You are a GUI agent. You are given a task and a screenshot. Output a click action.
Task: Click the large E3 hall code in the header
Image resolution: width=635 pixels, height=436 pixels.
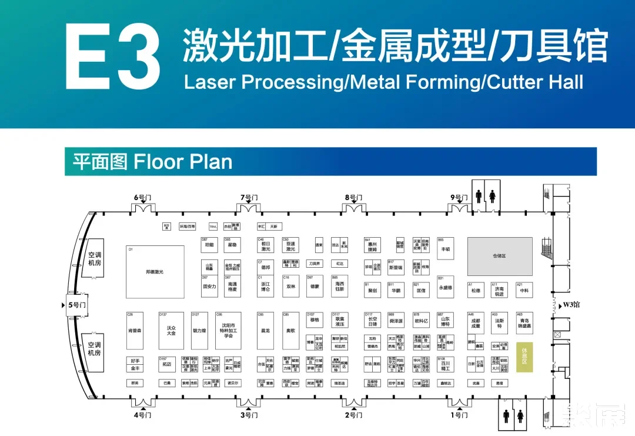(x=112, y=58)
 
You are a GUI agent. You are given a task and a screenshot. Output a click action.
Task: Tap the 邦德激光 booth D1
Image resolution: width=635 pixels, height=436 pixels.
(x=155, y=271)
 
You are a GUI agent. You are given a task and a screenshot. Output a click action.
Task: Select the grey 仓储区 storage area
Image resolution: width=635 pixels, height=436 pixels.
(x=500, y=257)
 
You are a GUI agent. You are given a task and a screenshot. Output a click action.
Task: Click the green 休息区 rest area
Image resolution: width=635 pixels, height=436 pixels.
(x=524, y=356)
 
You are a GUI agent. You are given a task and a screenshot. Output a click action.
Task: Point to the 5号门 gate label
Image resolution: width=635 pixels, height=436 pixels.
(x=76, y=305)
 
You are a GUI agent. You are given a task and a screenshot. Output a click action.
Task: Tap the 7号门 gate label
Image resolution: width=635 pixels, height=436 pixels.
(x=249, y=198)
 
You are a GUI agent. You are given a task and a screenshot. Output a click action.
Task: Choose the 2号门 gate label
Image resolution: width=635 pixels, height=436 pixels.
(x=354, y=415)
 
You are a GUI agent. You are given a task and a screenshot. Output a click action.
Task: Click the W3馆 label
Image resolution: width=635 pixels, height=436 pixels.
(x=571, y=305)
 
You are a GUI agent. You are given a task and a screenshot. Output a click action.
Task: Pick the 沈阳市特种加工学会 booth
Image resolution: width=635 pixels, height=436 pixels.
(x=228, y=330)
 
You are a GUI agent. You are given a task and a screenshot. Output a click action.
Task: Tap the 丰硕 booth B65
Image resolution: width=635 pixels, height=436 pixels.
(x=445, y=248)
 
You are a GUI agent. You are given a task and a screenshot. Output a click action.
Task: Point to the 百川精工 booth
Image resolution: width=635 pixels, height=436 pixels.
(x=445, y=365)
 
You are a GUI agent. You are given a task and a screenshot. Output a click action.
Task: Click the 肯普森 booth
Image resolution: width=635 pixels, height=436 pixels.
(x=134, y=330)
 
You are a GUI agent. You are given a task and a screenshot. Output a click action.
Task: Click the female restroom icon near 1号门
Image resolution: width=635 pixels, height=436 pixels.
(x=520, y=416)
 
